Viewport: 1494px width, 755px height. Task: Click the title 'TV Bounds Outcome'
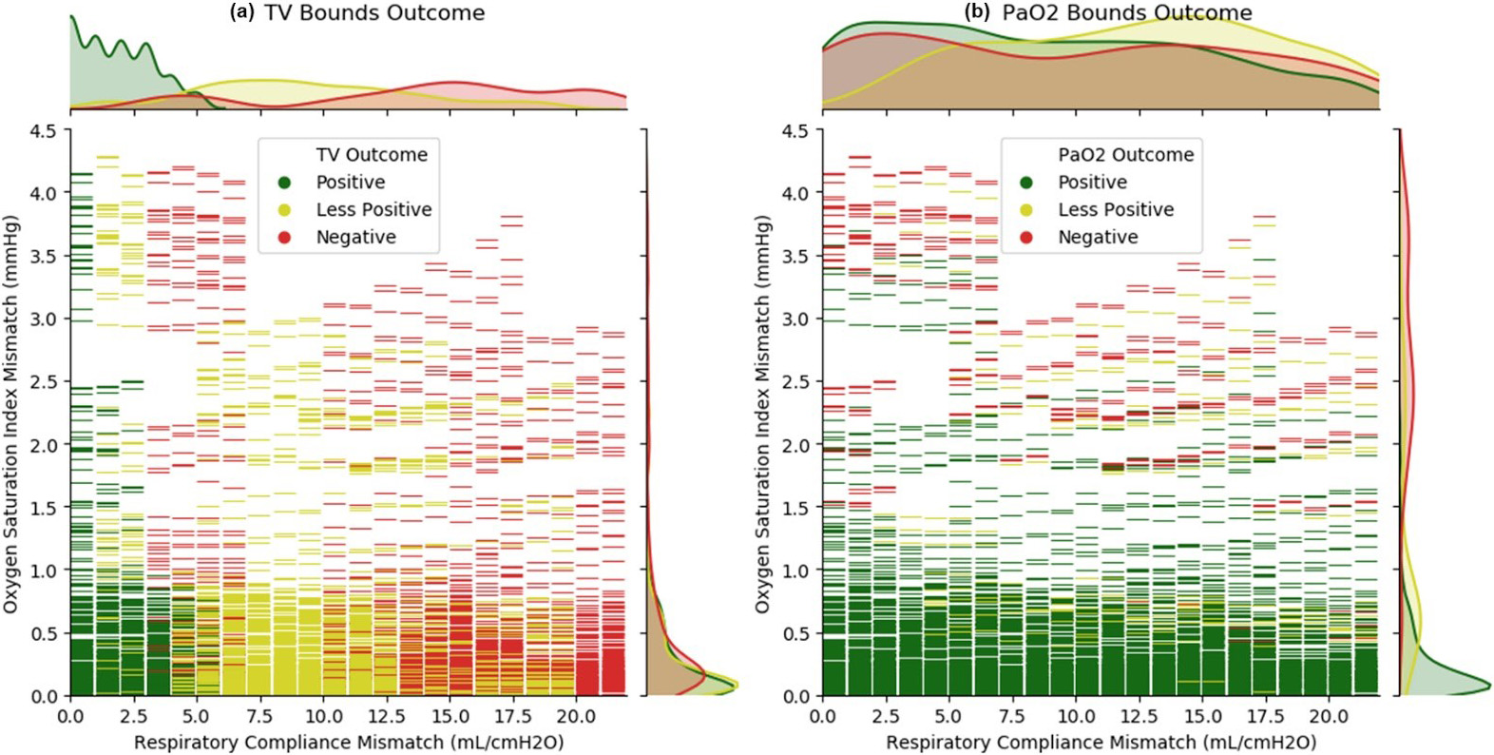[373, 13]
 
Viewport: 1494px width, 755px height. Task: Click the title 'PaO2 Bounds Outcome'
[1127, 13]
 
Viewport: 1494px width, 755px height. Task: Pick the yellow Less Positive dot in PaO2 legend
[1027, 210]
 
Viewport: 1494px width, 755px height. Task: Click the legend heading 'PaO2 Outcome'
[1125, 155]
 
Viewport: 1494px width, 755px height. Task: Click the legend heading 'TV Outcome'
[372, 155]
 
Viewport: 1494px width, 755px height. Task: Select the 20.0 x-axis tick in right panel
[1329, 716]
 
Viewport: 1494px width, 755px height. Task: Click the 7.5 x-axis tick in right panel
[1013, 716]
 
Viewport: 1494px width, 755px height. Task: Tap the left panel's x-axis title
[349, 742]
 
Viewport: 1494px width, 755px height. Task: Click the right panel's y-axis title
[763, 413]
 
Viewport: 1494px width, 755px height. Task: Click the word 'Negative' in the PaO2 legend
[1098, 238]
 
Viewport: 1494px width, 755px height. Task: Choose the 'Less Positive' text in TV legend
[373, 210]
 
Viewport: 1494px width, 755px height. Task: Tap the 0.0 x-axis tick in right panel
[822, 716]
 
